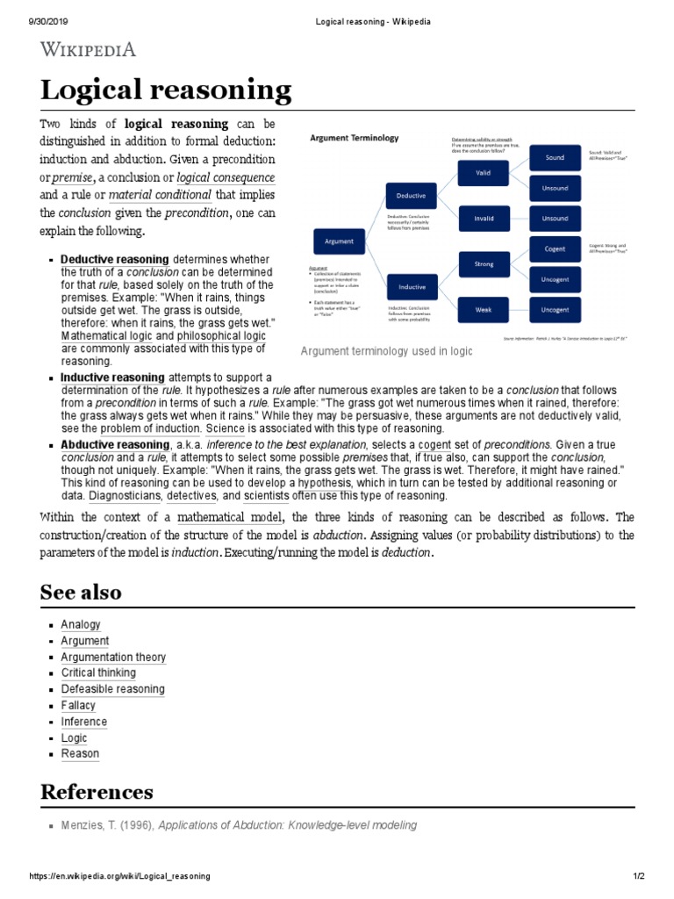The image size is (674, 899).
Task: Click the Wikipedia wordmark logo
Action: [x=88, y=49]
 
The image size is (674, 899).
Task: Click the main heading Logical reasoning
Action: [x=166, y=90]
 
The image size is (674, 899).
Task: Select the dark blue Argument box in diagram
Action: [x=339, y=241]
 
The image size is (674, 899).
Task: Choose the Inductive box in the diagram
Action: [x=412, y=286]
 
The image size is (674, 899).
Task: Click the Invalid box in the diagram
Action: [x=484, y=219]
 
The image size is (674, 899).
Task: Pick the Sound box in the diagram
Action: [x=555, y=158]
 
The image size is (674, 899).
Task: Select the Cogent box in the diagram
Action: [x=555, y=248]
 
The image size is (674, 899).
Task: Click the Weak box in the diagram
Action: [x=484, y=309]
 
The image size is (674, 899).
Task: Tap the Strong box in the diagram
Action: [x=484, y=263]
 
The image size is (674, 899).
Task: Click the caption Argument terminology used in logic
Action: [x=386, y=351]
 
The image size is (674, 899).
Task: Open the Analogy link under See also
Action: [x=81, y=625]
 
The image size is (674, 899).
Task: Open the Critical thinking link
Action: [x=98, y=673]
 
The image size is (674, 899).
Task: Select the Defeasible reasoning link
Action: [x=112, y=689]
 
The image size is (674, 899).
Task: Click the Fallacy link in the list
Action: [x=78, y=706]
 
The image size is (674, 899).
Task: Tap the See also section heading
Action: [x=81, y=592]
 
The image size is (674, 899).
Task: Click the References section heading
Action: [x=97, y=792]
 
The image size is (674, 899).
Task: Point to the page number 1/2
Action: [x=637, y=876]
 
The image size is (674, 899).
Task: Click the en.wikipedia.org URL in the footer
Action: [x=120, y=876]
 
